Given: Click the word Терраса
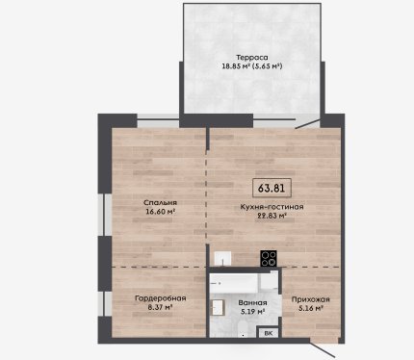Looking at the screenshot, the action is coord(252,58).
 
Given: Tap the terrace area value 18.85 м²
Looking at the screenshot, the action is coord(236,66).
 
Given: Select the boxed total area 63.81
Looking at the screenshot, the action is coord(272,188).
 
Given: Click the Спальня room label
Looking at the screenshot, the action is coord(160,203).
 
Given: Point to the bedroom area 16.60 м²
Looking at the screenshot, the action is coord(160,212).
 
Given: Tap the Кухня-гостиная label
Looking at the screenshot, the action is coord(272,207).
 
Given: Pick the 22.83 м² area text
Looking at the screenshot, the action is coord(272,216).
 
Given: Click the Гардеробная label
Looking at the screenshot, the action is coord(161,298).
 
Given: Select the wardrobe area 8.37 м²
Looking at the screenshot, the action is coord(160,307).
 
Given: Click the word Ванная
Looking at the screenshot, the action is coord(252,303).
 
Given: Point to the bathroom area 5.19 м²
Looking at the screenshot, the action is coord(252,311).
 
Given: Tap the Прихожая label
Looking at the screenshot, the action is coord(310,299).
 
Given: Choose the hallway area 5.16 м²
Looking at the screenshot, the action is coord(310,308).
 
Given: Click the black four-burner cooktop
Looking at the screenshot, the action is coord(269,258).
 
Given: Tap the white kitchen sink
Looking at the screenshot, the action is coord(222,259).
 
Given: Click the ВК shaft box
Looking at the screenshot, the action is coord(269,333).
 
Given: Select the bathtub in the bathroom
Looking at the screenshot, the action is coord(234,283).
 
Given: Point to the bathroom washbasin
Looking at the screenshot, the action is coord(218,307).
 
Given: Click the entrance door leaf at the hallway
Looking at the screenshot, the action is coord(323,348).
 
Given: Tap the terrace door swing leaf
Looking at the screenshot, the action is coord(307,124).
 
